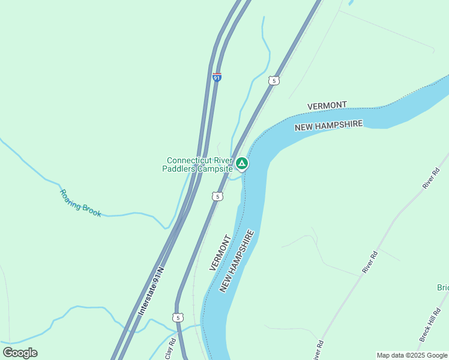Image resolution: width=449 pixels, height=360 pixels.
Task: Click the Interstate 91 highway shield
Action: pyautogui.click(x=217, y=77)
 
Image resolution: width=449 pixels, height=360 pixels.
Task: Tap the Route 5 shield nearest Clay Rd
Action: pyautogui.click(x=177, y=317)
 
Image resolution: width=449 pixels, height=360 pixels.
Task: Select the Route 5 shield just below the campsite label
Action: pyautogui.click(x=218, y=196)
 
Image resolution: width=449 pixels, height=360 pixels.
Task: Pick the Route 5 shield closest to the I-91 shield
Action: pyautogui.click(x=274, y=80)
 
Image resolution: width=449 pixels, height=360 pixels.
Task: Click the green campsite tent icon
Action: pyautogui.click(x=241, y=163)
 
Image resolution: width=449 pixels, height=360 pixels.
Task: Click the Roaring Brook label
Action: pyautogui.click(x=80, y=203)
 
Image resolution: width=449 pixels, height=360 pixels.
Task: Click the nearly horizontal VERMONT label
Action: pyautogui.click(x=327, y=106)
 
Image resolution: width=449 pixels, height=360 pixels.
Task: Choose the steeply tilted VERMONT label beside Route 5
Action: pyautogui.click(x=220, y=253)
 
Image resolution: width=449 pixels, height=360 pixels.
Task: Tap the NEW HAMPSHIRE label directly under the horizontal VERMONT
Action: pyautogui.click(x=328, y=125)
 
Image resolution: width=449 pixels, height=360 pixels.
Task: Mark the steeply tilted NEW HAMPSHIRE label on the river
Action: pyautogui.click(x=237, y=261)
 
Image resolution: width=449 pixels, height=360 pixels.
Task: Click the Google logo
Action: pyautogui.click(x=20, y=352)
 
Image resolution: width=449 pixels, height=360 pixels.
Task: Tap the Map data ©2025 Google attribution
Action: pyautogui.click(x=412, y=355)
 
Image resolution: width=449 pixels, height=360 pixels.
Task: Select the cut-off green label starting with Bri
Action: pyautogui.click(x=442, y=288)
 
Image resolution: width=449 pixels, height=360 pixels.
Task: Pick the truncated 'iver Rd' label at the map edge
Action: pyautogui.click(x=318, y=350)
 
